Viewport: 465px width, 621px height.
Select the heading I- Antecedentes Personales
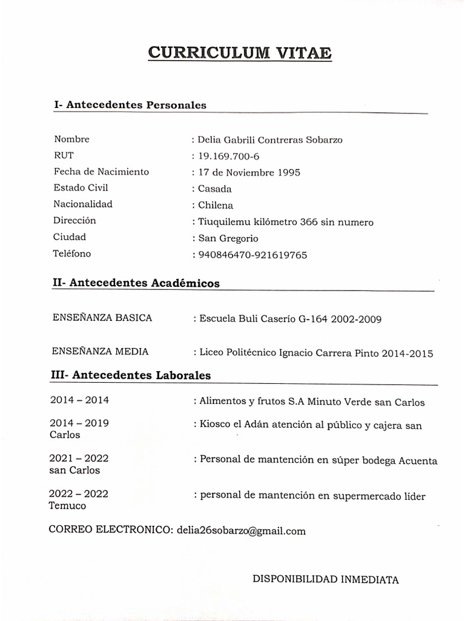130,105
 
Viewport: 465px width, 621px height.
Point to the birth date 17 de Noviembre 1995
249,172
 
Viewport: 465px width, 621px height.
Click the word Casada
215,189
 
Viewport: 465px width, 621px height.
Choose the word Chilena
216,205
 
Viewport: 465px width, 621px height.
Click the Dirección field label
74,221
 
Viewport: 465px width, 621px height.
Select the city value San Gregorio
228,238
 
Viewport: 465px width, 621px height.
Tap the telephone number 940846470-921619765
252,255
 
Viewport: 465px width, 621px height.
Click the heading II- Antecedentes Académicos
136,283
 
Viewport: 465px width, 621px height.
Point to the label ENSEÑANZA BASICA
102,318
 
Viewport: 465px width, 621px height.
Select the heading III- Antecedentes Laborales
130,375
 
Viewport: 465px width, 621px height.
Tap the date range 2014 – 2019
80,423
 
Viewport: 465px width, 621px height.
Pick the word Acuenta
418,461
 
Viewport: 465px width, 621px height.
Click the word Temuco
67,506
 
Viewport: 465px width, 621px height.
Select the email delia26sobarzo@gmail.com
241,531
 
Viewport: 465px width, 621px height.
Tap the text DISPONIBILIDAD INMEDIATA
325,579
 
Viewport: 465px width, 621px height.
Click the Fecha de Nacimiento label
101,172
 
